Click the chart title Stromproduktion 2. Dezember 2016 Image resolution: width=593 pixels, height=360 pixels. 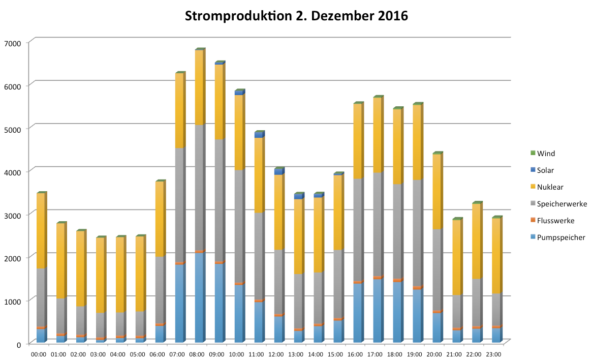[x=296, y=16]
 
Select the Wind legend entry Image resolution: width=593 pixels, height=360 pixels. [x=547, y=153]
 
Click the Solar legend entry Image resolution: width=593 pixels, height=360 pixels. [x=546, y=170]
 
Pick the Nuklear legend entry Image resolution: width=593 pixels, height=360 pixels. [x=549, y=187]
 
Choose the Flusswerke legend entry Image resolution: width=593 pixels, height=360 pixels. [x=555, y=221]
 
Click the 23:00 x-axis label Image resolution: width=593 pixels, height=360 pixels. [x=494, y=354]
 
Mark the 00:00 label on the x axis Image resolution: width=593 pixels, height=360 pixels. [x=39, y=354]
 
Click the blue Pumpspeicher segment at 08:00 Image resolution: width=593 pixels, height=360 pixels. [x=199, y=297]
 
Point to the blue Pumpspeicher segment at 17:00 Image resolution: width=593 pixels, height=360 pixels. [x=377, y=311]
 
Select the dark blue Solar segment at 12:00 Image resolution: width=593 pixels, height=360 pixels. [x=278, y=172]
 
